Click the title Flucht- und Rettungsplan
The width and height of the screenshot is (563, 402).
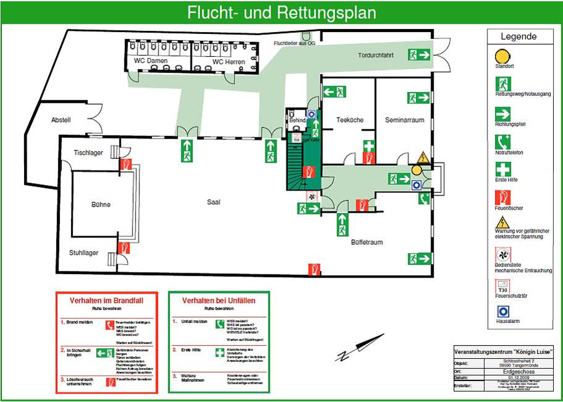tap(281, 12)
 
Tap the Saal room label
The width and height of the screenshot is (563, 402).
tap(213, 202)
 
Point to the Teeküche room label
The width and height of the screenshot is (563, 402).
tap(350, 119)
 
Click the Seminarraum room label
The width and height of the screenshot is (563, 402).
tap(404, 119)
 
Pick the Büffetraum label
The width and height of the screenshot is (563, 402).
tap(366, 242)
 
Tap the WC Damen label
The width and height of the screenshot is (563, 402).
tap(151, 62)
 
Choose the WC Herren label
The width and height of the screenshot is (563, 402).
tap(228, 62)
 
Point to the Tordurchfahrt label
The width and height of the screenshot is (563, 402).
tap(376, 55)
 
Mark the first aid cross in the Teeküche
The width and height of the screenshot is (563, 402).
tap(368, 147)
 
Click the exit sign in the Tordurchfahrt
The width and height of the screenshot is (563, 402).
tap(418, 55)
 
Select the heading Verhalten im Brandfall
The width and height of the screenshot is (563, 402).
tap(106, 300)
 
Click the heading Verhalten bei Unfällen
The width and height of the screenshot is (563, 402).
tap(218, 300)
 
